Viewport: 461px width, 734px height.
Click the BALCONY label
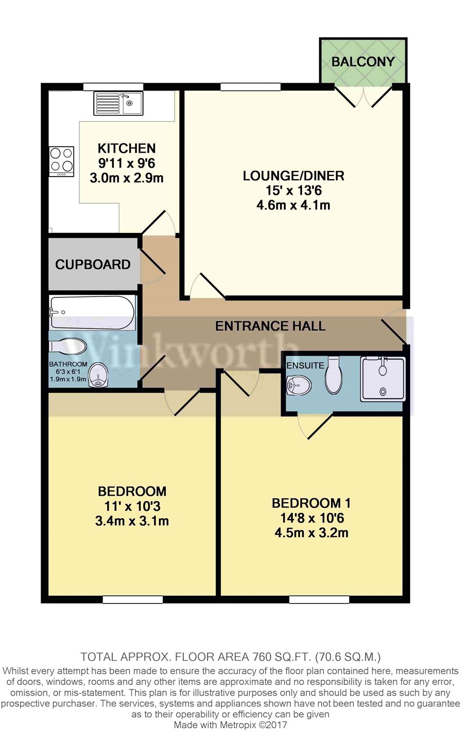[363, 62]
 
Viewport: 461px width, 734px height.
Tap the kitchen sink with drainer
[118, 103]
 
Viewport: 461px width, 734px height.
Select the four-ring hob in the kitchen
[62, 161]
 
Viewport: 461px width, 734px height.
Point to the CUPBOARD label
[93, 264]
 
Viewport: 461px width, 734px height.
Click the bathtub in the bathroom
[92, 313]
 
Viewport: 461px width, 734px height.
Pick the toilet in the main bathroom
[68, 346]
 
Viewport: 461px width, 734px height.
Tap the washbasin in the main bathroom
[99, 374]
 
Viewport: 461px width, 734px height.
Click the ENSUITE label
[305, 366]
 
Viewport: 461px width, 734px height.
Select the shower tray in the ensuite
[383, 379]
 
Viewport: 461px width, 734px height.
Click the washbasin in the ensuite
[298, 386]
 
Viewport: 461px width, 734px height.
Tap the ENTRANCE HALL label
[270, 326]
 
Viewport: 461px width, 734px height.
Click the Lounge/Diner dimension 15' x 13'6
[293, 190]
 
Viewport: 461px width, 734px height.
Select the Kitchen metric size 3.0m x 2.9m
[127, 178]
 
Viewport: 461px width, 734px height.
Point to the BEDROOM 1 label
[311, 503]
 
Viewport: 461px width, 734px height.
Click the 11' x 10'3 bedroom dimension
[132, 506]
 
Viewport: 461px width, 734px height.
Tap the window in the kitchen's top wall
[113, 87]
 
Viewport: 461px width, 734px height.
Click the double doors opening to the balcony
[363, 95]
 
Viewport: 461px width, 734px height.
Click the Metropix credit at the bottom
[230, 725]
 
